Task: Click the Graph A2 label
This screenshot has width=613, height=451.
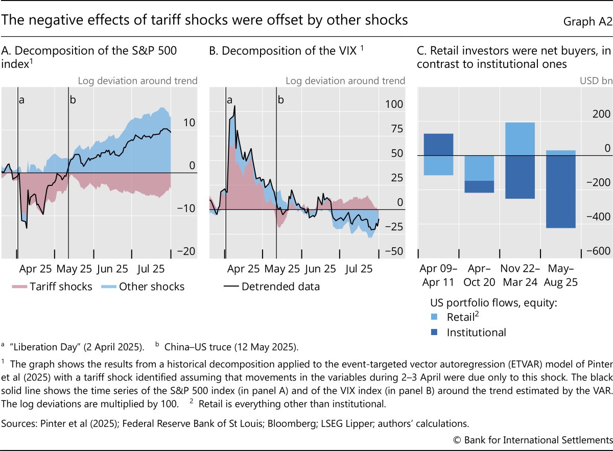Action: tap(587, 21)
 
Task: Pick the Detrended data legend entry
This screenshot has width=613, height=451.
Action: tap(272, 287)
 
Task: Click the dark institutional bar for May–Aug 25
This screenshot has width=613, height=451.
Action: tap(561, 192)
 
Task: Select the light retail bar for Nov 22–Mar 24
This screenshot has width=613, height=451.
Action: tap(520, 139)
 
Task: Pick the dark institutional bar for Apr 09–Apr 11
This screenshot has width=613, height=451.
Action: tap(438, 145)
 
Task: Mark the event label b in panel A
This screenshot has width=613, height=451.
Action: tap(73, 100)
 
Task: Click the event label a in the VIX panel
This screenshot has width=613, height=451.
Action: tap(230, 100)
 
